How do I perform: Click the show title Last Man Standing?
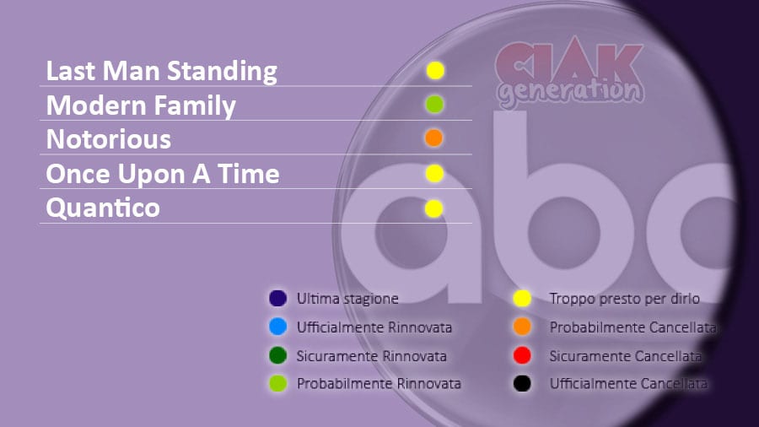tap(162, 71)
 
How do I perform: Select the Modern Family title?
tap(141, 106)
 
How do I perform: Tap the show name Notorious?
tap(109, 139)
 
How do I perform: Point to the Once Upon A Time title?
tap(163, 174)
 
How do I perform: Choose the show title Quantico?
tap(103, 208)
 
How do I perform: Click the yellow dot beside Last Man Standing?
tap(435, 71)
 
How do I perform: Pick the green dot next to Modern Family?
tap(434, 104)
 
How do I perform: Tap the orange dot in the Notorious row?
tap(433, 138)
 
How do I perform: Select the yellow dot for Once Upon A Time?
tap(434, 173)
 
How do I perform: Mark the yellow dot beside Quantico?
tap(433, 208)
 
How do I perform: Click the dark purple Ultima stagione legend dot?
tap(277, 298)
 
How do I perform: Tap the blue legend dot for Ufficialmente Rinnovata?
tap(277, 327)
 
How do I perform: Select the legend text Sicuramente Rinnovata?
tap(371, 356)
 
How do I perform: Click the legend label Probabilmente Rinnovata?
tap(379, 384)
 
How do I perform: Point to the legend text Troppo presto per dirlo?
tap(624, 299)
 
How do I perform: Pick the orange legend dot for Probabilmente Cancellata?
tap(522, 327)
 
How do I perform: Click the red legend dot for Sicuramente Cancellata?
tap(522, 355)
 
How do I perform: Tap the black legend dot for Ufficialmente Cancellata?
tap(522, 383)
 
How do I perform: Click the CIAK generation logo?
tap(570, 73)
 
